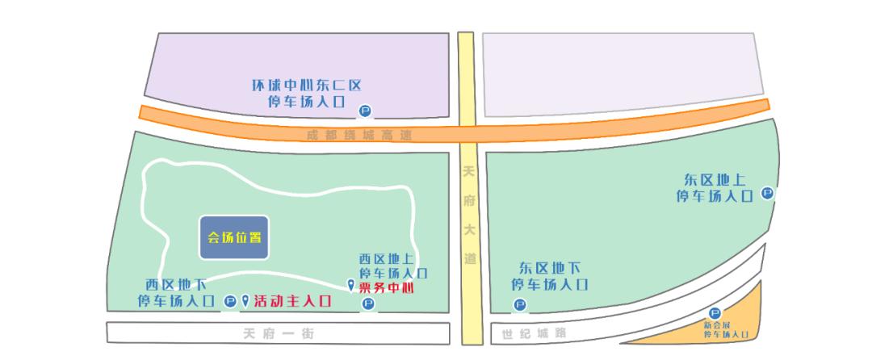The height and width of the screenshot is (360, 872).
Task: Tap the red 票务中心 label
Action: click(x=392, y=287)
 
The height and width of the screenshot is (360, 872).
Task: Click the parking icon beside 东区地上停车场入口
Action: click(x=767, y=194)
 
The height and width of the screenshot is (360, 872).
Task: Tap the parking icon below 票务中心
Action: click(x=368, y=304)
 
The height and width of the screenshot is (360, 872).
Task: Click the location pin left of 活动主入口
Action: click(x=245, y=300)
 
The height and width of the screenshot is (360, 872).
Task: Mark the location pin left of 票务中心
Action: click(x=350, y=284)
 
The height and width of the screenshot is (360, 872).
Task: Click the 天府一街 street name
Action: click(x=279, y=333)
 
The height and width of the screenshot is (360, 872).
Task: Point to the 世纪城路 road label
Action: click(x=534, y=333)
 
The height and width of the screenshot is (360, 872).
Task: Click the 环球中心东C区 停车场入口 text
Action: click(x=307, y=93)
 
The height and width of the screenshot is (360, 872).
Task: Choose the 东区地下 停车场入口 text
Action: click(x=549, y=276)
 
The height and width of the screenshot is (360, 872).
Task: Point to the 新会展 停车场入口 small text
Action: click(x=726, y=329)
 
